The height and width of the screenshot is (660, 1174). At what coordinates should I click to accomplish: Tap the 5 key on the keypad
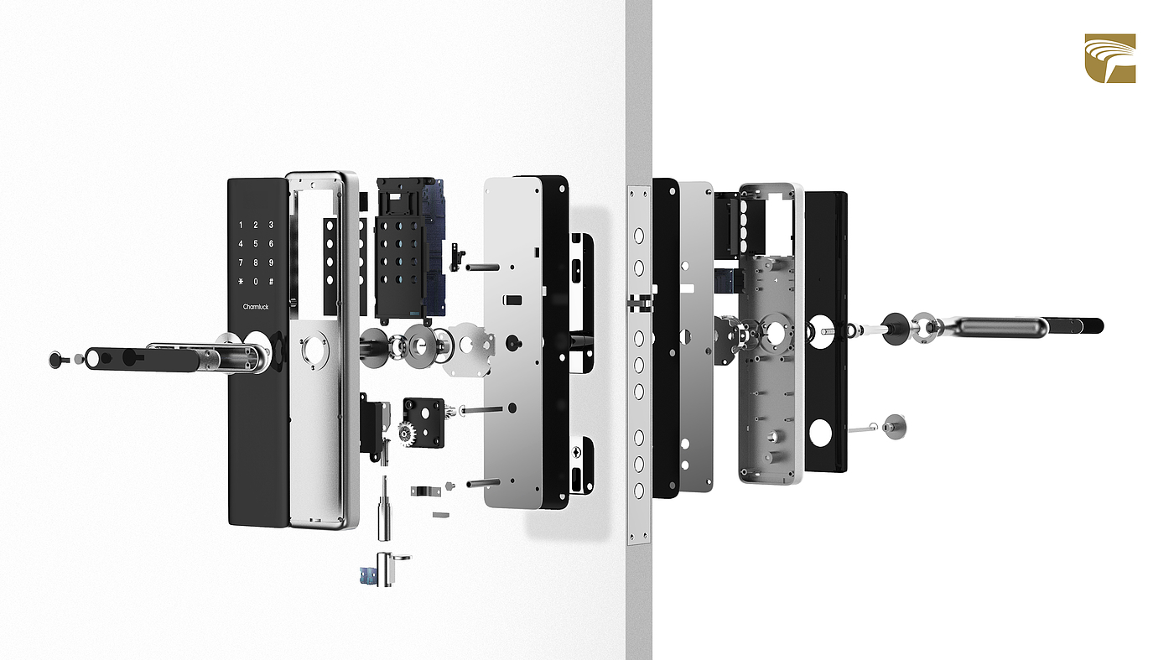pyautogui.click(x=256, y=244)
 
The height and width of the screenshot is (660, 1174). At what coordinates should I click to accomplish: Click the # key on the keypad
pyautogui.click(x=271, y=282)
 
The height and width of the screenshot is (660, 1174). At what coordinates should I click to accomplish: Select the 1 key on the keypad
pyautogui.click(x=242, y=226)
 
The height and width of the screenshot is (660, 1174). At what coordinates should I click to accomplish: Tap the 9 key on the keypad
pyautogui.click(x=271, y=262)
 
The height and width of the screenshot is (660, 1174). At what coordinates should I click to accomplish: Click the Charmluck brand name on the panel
pyautogui.click(x=256, y=307)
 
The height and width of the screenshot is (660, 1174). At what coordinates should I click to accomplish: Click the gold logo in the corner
pyautogui.click(x=1110, y=59)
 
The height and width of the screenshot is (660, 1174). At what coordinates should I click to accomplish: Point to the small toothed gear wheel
pyautogui.click(x=406, y=434)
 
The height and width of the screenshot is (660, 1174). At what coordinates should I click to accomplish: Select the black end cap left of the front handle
pyautogui.click(x=57, y=360)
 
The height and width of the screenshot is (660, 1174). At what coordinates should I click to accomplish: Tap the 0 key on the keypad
pyautogui.click(x=256, y=282)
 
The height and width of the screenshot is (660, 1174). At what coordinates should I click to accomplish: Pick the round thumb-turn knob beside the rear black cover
pyautogui.click(x=894, y=426)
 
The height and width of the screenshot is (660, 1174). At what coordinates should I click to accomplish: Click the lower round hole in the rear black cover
pyautogui.click(x=820, y=433)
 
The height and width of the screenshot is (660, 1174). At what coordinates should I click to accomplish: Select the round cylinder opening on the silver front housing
pyautogui.click(x=314, y=346)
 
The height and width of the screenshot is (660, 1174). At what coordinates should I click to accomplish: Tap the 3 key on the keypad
pyautogui.click(x=271, y=226)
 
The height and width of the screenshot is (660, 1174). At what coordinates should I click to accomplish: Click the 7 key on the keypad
pyautogui.click(x=242, y=262)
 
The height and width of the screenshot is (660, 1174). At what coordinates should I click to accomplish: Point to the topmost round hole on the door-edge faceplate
pyautogui.click(x=638, y=236)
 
